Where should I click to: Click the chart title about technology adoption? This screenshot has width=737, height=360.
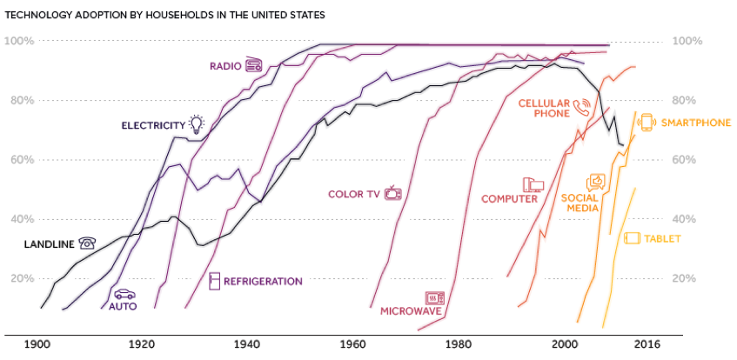coord(165,16)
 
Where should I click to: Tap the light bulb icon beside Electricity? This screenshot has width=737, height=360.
coord(198,124)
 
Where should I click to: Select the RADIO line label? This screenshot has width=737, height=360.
coord(224,65)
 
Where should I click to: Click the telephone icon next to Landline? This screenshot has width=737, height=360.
coord(87,243)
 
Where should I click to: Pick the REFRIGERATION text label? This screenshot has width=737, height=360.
coord(263,281)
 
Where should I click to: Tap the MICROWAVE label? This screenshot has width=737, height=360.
coord(412,310)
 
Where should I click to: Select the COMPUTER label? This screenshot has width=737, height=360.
coord(509,198)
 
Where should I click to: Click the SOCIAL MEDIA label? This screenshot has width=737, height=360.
coord(579,203)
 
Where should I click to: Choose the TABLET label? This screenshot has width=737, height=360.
coord(663,238)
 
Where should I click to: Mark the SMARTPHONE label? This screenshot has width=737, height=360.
coord(696,123)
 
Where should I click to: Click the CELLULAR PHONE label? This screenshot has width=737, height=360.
coord(544,107)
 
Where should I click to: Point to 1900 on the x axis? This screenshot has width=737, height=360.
coord(39,344)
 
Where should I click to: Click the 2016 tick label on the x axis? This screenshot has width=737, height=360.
coord(647,344)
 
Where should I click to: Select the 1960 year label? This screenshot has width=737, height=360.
coord(353,344)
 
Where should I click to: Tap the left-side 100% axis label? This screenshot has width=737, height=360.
coord(19,41)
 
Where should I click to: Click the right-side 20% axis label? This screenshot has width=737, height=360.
coord(687,278)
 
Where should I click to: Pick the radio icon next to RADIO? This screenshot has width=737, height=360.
coord(254,64)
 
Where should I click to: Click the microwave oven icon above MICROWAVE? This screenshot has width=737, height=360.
coord(434,297)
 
